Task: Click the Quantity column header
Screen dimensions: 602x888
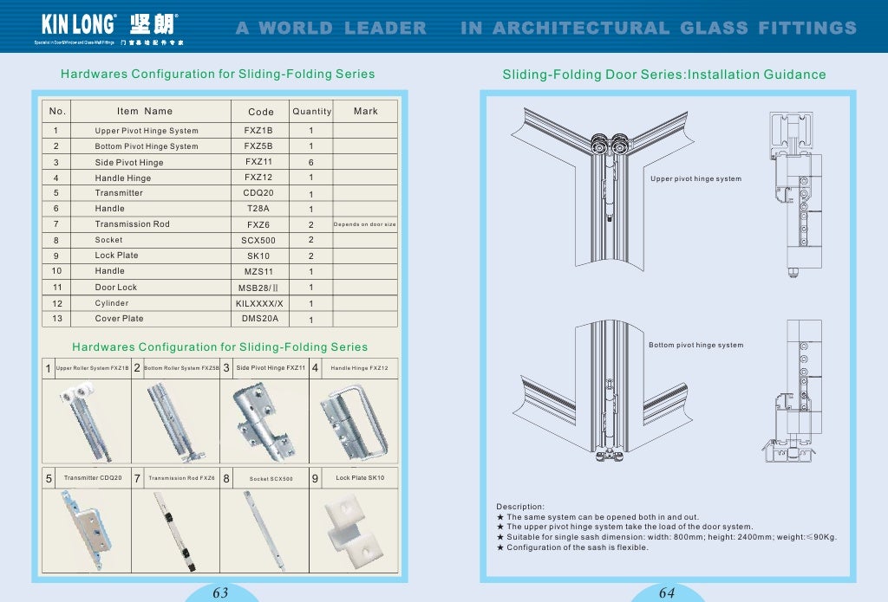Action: pyautogui.click(x=311, y=112)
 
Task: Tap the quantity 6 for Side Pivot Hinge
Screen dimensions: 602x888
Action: pyautogui.click(x=311, y=163)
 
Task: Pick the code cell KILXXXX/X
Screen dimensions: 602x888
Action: pyautogui.click(x=259, y=303)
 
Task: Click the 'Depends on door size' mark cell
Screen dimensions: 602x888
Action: pyautogui.click(x=364, y=224)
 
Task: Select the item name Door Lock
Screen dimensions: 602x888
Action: pyautogui.click(x=116, y=288)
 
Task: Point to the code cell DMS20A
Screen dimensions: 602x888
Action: pyautogui.click(x=260, y=319)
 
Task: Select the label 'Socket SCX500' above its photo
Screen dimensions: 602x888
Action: pyautogui.click(x=271, y=478)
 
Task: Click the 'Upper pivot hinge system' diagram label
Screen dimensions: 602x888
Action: pyautogui.click(x=695, y=179)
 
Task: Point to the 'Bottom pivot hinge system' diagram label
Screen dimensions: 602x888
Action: pyautogui.click(x=695, y=345)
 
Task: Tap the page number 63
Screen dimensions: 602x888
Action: pyautogui.click(x=220, y=593)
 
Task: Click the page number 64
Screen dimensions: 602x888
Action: pyautogui.click(x=667, y=593)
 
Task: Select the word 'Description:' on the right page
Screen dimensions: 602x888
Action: pyautogui.click(x=520, y=507)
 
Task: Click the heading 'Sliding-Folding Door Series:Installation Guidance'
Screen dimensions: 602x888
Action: pyautogui.click(x=664, y=74)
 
